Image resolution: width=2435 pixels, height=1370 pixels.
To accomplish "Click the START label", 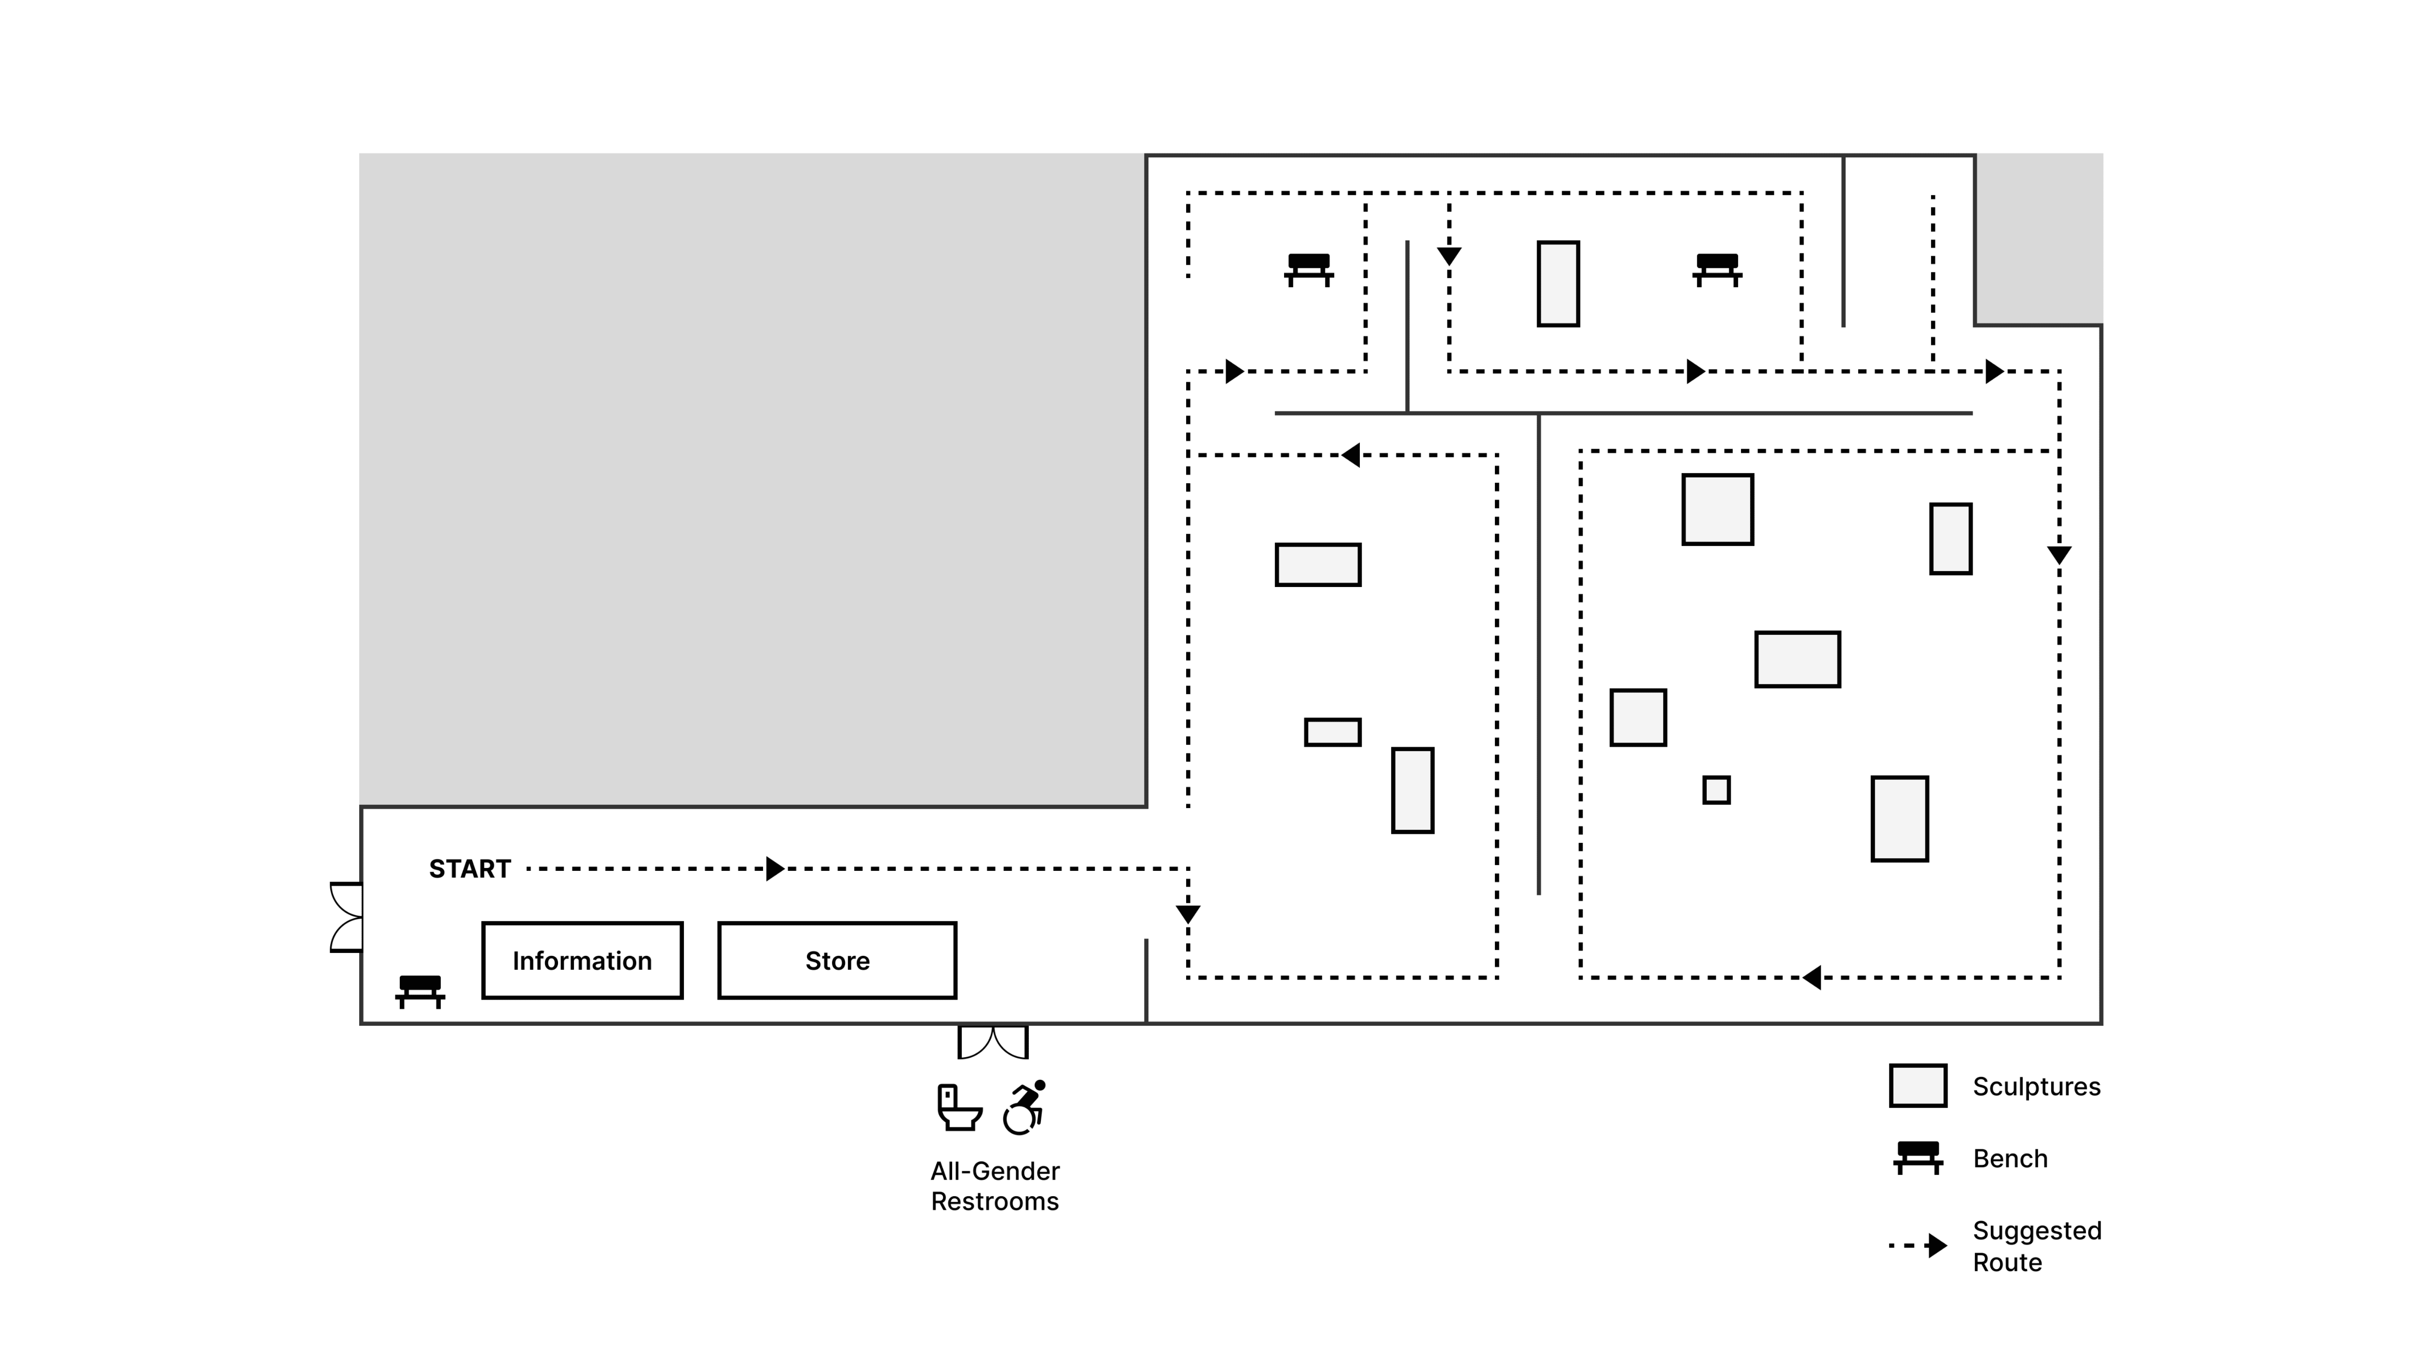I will click(470, 869).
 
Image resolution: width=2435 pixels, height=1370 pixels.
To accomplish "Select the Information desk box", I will click(582, 961).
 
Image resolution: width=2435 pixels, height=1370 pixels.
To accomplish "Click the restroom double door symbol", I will click(992, 1042).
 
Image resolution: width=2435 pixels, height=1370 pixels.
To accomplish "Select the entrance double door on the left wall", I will click(346, 917).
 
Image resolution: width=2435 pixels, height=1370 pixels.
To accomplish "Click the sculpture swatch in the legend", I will click(1918, 1086).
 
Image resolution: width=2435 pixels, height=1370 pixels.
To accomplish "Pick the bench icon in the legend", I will click(1918, 1157).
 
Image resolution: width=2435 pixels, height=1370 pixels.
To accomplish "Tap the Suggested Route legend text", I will click(2037, 1246).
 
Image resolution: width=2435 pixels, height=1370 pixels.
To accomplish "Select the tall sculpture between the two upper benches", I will click(1558, 284).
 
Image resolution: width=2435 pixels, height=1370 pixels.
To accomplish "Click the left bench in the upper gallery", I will click(1309, 269).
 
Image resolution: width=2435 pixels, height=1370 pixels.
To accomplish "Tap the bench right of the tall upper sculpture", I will click(1717, 269).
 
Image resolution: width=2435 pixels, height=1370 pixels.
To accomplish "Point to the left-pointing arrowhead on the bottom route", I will click(1811, 978).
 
